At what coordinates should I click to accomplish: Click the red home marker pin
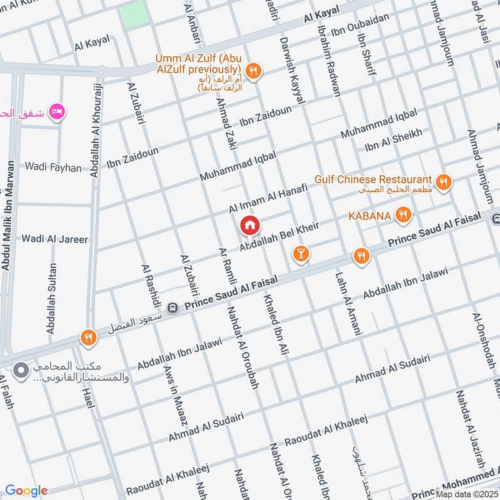tap(250, 225)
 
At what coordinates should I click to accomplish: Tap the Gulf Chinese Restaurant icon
tap(444, 182)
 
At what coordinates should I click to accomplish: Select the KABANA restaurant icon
tap(403, 216)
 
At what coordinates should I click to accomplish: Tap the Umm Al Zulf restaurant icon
tap(253, 72)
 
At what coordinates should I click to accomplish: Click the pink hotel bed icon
tap(57, 111)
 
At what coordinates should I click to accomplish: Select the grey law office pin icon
tap(21, 371)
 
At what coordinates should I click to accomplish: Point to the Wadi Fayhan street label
tap(53, 167)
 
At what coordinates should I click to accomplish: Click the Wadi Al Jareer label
tap(55, 239)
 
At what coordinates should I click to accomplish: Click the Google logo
tap(26, 491)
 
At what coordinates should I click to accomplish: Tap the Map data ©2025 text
tap(466, 494)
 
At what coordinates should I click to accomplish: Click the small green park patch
tap(135, 14)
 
